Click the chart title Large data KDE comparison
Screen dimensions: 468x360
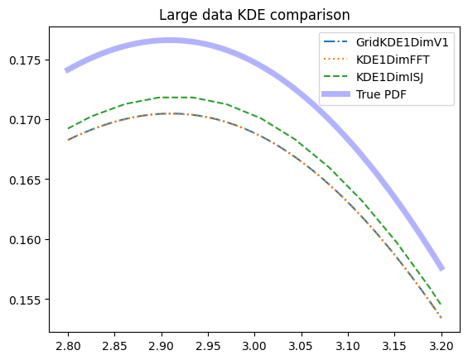click(254, 15)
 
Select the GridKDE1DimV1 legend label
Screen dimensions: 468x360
click(402, 42)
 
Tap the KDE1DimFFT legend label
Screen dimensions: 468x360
click(393, 60)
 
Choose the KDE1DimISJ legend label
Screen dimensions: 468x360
click(389, 77)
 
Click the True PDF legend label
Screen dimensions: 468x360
click(381, 94)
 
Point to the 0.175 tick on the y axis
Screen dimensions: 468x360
click(25, 60)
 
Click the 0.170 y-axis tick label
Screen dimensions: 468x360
click(25, 120)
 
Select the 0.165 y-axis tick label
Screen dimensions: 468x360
click(25, 180)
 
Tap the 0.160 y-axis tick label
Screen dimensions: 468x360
click(25, 240)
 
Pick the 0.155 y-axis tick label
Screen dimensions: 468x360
click(25, 300)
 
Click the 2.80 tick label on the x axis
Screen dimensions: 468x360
click(68, 346)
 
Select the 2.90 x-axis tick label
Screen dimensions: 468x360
click(162, 346)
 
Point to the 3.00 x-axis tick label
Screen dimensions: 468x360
click(254, 346)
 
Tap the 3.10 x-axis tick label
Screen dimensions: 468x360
click(348, 346)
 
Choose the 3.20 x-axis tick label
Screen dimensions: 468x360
click(441, 346)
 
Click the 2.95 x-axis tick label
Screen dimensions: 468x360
click(208, 346)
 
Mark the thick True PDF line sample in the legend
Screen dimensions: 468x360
click(335, 94)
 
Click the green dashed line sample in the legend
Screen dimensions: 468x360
click(335, 77)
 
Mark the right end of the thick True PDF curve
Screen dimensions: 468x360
click(442, 269)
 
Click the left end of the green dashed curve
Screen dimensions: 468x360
click(69, 128)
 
